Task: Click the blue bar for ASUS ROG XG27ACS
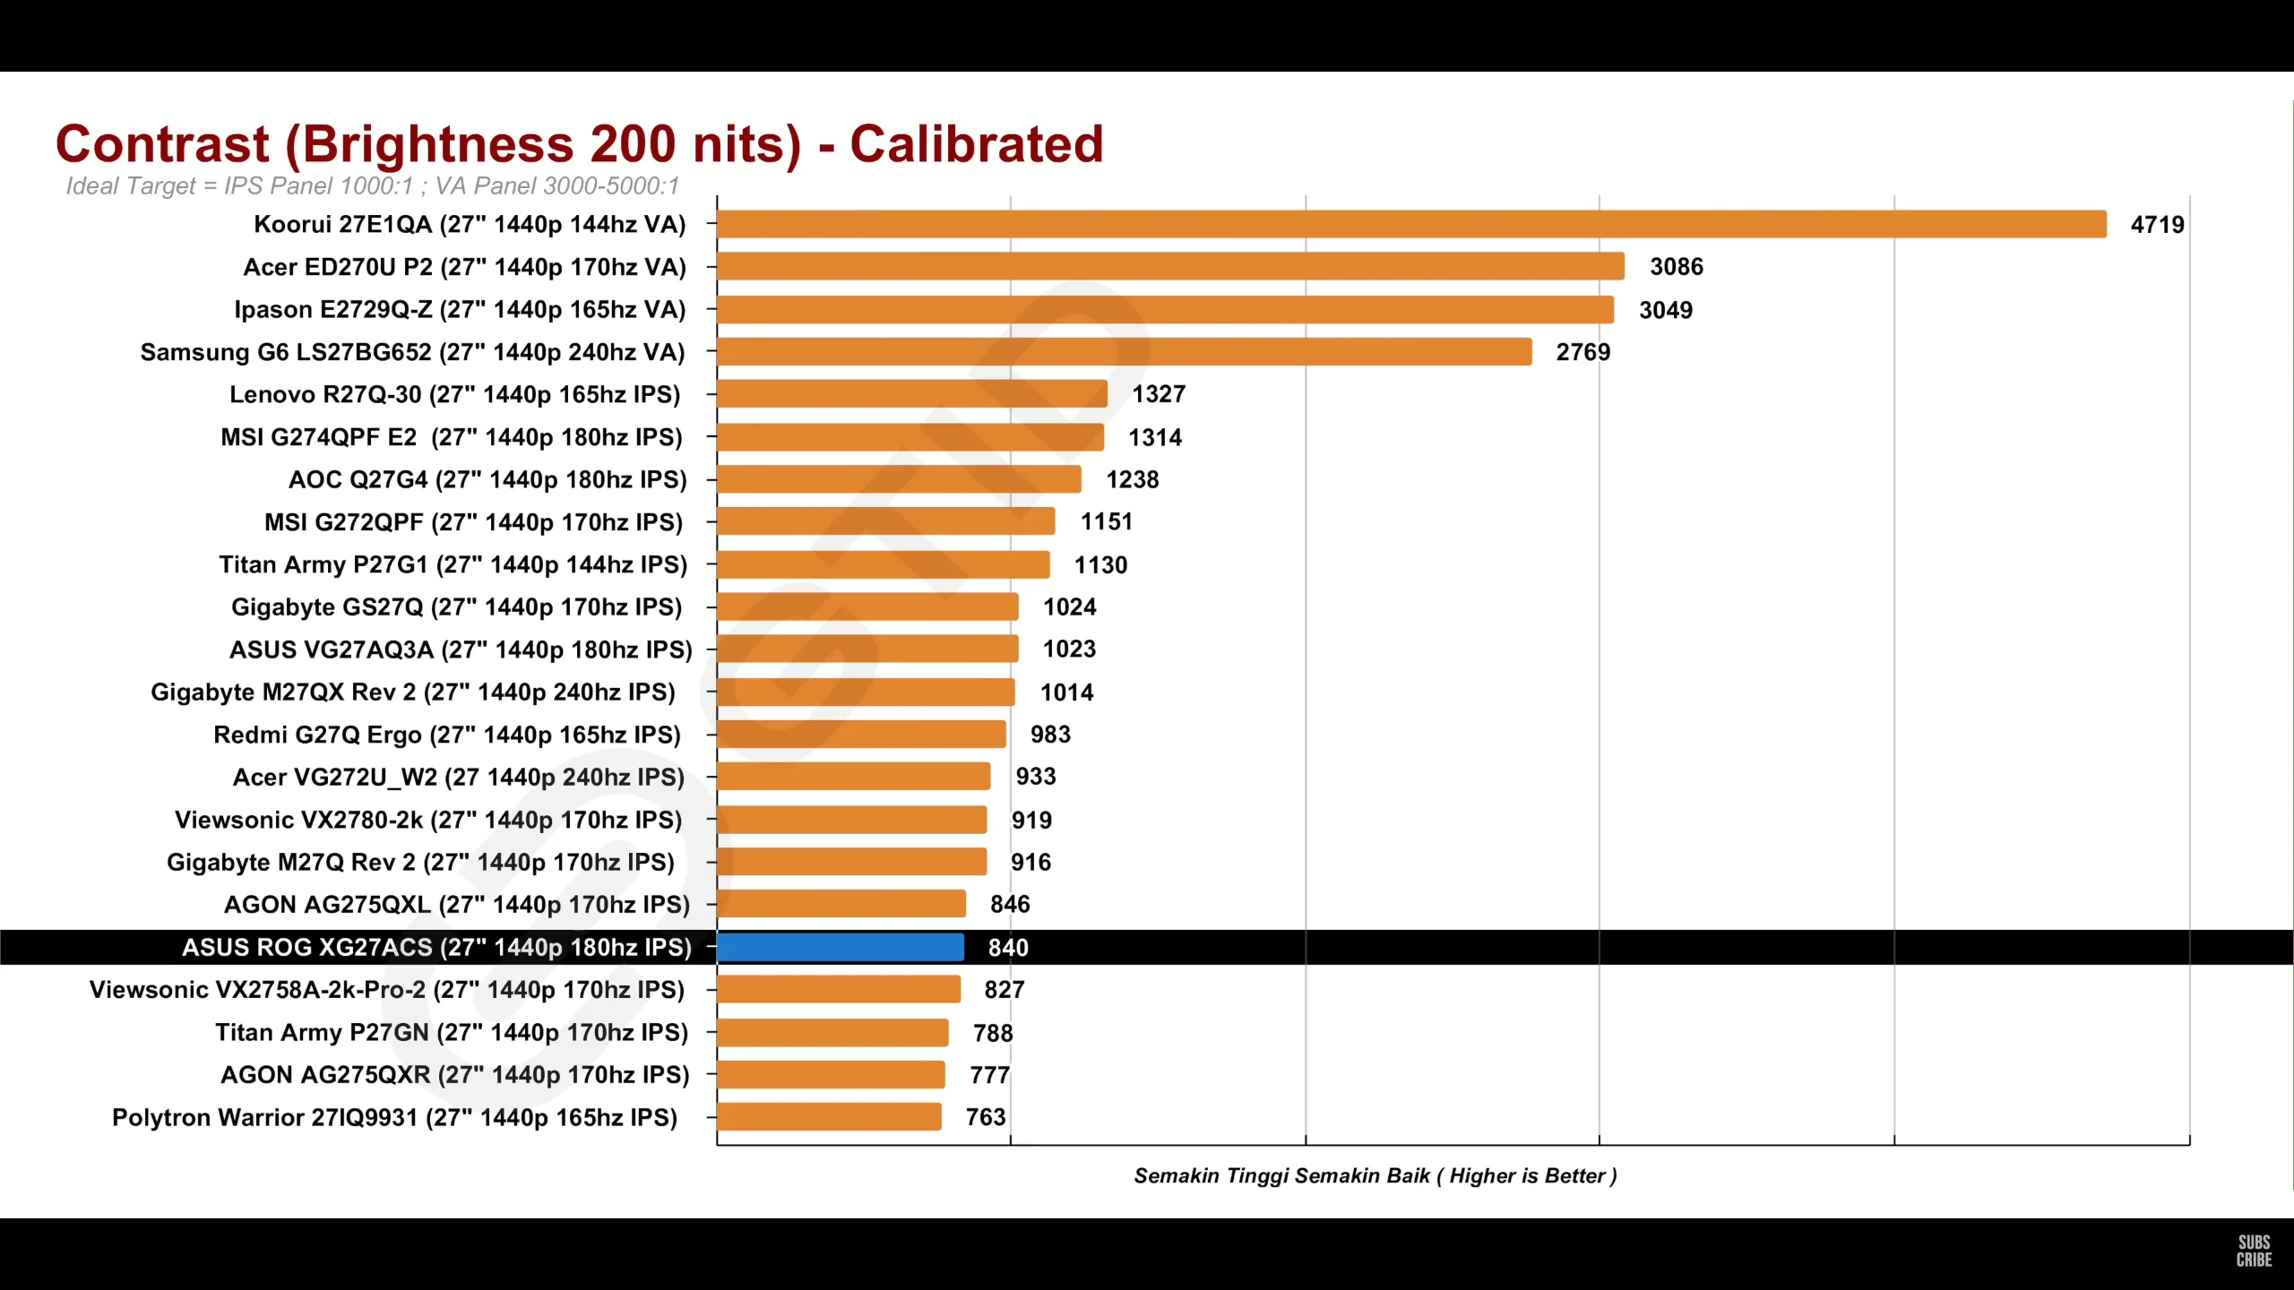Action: click(x=841, y=947)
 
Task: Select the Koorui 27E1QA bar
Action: click(x=1411, y=224)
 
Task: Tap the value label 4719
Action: click(x=2157, y=225)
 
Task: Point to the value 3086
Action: click(x=1676, y=267)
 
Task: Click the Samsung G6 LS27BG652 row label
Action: click(x=412, y=352)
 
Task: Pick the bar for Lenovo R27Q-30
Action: click(x=912, y=394)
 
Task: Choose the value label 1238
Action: click(x=1132, y=480)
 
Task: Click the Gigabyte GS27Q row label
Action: click(x=456, y=607)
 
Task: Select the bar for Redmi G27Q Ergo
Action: click(x=861, y=735)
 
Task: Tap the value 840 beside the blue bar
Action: click(x=1008, y=948)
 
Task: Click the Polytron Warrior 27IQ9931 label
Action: click(x=394, y=1118)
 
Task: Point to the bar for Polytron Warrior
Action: click(x=829, y=1117)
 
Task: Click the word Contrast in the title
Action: click(x=162, y=144)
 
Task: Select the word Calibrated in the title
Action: click(x=976, y=144)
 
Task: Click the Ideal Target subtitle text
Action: click(x=372, y=186)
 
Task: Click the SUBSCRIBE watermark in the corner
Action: click(x=2254, y=1251)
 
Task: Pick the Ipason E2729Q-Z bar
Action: click(x=1165, y=310)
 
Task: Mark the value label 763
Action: click(x=986, y=1117)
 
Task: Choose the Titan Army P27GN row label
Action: click(x=452, y=1033)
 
